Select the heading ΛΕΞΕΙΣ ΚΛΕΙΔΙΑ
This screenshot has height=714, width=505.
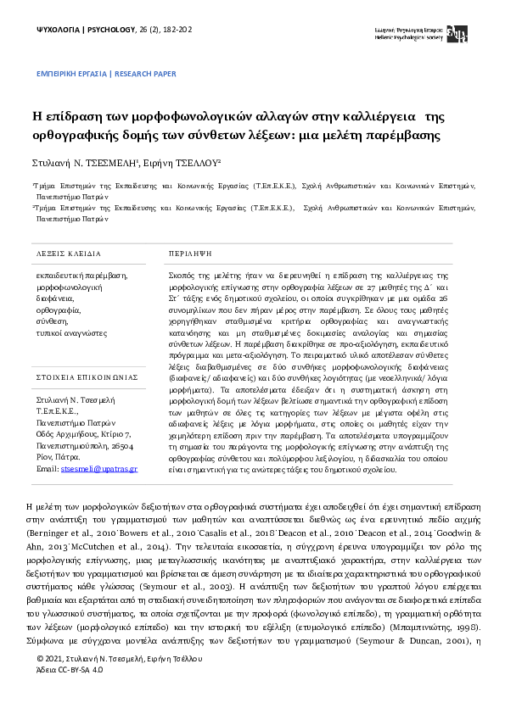(68, 254)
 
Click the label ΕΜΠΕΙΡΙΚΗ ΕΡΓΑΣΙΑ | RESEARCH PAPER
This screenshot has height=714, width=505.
(106, 75)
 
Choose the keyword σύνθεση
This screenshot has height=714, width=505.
(50, 323)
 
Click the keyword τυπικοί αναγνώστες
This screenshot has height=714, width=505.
(70, 334)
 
